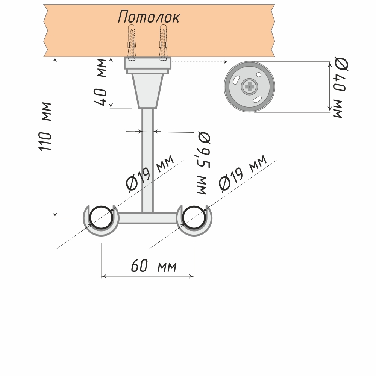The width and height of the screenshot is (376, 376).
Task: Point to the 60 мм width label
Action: [153, 267]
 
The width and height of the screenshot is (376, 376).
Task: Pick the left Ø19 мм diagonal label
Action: [151, 173]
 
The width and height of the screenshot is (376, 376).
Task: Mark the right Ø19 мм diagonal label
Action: [243, 173]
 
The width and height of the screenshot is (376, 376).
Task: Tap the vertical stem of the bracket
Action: [147, 158]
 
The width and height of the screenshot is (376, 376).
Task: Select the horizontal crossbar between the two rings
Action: [147, 218]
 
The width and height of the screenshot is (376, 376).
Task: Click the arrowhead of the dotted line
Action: [226, 62]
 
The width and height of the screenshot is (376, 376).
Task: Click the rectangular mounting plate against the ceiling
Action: [147, 63]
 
